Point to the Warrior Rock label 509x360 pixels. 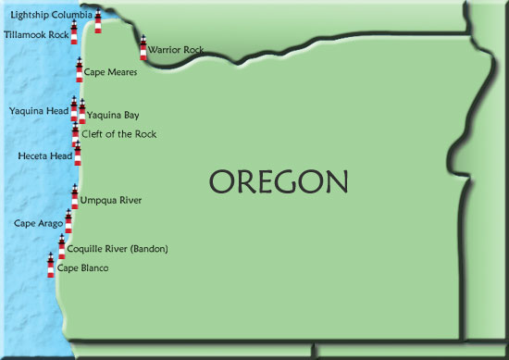(x=176, y=50)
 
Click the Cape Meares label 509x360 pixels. (x=110, y=71)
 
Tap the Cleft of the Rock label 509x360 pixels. (x=118, y=134)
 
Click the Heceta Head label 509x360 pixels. (x=44, y=156)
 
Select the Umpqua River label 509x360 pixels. (x=110, y=200)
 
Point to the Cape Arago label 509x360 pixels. (x=38, y=223)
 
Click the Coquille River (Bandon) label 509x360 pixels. (x=118, y=248)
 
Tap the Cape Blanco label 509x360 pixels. (x=83, y=268)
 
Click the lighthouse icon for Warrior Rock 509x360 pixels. (x=143, y=48)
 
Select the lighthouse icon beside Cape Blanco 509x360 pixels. (x=51, y=265)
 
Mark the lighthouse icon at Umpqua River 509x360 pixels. (x=74, y=196)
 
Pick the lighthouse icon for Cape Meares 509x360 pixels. (x=79, y=70)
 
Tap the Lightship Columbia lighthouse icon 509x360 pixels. (x=98, y=21)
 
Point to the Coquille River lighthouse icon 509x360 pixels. (x=62, y=245)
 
